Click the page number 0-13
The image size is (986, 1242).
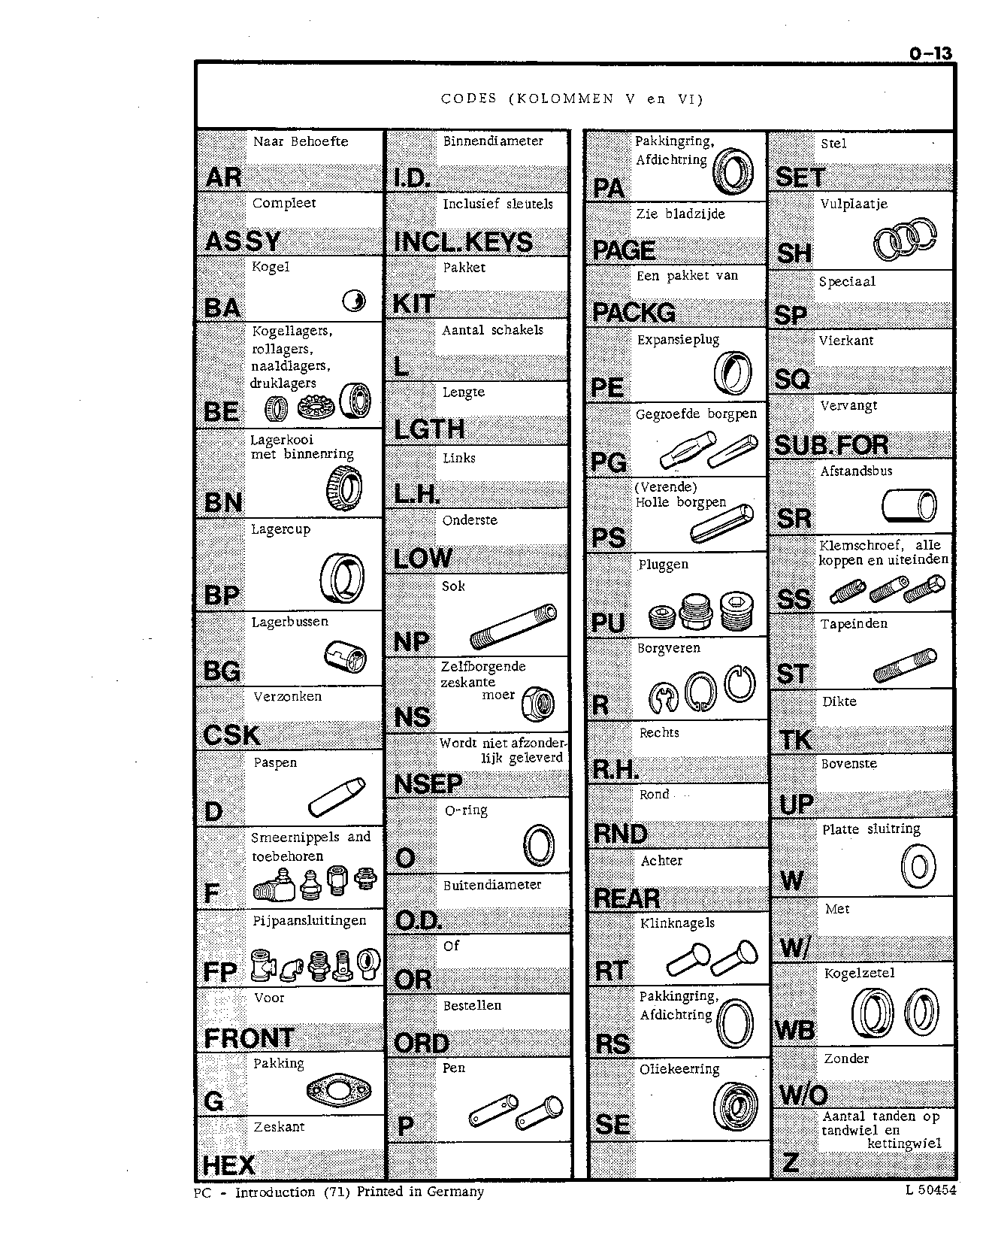coord(930,53)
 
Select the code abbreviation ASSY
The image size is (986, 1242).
coord(243,241)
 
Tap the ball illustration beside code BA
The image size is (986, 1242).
coord(353,301)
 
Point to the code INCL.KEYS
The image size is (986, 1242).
coord(463,241)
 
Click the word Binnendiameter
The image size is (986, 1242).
coord(493,141)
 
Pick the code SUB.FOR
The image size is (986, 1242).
coord(831,445)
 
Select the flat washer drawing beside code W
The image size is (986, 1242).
coord(918,867)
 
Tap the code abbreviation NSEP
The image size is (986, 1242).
coord(428,784)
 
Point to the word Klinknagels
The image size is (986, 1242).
coord(677,923)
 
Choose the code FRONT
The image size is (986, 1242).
coord(249,1038)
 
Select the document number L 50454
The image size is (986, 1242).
coord(931,1190)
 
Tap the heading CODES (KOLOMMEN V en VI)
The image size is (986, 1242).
coord(572,98)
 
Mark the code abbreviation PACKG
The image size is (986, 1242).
coord(634,312)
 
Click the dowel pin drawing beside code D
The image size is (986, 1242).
coord(336,797)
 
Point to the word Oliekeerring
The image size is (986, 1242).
coord(679,1069)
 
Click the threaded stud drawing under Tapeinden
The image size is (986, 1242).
coord(905,665)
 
